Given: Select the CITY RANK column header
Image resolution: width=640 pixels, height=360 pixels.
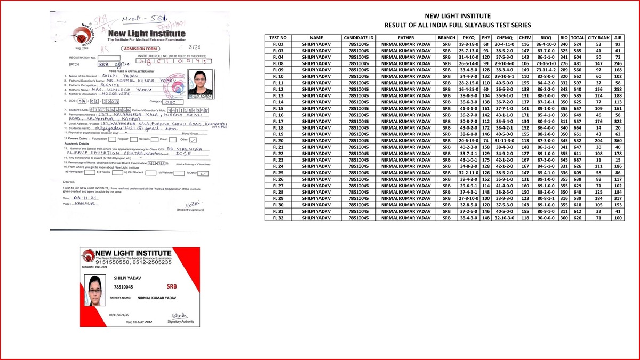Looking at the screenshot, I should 598,38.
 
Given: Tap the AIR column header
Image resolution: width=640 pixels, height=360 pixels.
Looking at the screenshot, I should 619,38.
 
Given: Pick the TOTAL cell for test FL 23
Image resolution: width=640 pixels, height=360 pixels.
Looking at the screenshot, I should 578,159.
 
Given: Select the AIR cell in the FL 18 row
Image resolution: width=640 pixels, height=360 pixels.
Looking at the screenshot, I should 619,127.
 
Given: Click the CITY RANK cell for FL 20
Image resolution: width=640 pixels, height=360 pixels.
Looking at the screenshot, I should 598,140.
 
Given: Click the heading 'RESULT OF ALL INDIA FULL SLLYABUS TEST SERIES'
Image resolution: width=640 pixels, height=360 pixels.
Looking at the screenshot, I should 457,25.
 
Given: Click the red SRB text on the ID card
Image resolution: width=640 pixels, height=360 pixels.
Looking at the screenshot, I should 172,286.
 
